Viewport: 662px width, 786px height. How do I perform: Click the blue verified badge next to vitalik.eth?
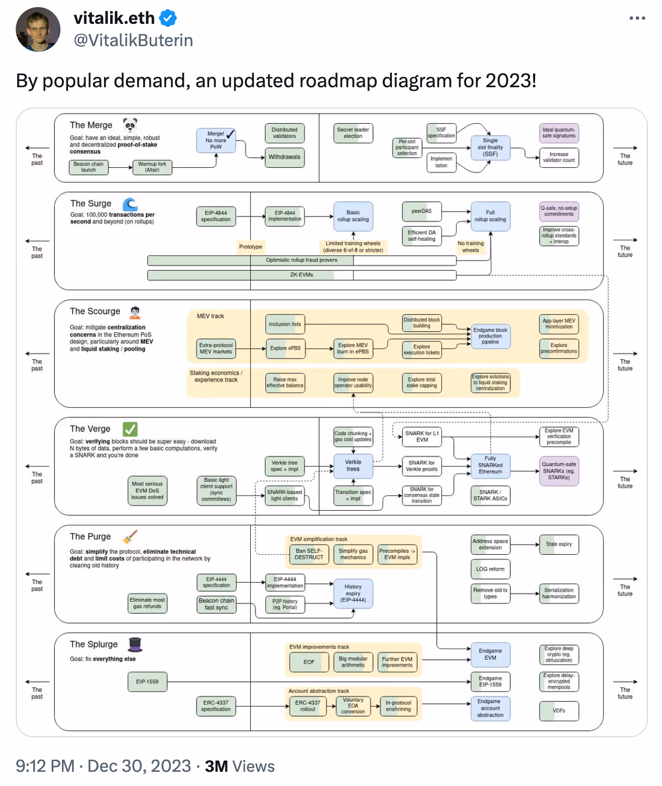(168, 19)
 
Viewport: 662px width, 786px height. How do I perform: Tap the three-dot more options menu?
(637, 18)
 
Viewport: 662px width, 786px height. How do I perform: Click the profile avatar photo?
(38, 29)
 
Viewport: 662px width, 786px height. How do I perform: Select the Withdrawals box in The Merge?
(284, 157)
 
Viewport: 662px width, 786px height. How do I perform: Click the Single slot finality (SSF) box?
(490, 148)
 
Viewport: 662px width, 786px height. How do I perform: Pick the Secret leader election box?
(353, 133)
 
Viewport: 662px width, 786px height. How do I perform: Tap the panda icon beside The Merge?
(130, 124)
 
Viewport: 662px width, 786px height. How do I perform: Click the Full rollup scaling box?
(490, 216)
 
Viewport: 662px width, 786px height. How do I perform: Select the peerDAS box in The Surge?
(421, 211)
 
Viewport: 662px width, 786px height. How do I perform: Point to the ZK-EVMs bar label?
(302, 275)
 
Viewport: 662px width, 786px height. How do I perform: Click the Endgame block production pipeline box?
(490, 336)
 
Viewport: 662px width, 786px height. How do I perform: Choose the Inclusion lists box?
(285, 324)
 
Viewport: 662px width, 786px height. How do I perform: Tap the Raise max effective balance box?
(285, 382)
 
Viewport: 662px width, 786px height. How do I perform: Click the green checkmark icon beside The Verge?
(130, 429)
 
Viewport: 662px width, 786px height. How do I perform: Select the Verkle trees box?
(353, 466)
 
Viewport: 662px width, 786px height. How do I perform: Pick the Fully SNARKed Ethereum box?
(490, 466)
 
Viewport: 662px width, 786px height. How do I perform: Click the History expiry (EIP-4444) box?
(353, 593)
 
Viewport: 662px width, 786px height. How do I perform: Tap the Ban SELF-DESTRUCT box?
(309, 554)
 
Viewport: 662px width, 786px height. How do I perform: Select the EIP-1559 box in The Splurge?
(147, 682)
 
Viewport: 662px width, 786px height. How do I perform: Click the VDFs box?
(558, 711)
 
